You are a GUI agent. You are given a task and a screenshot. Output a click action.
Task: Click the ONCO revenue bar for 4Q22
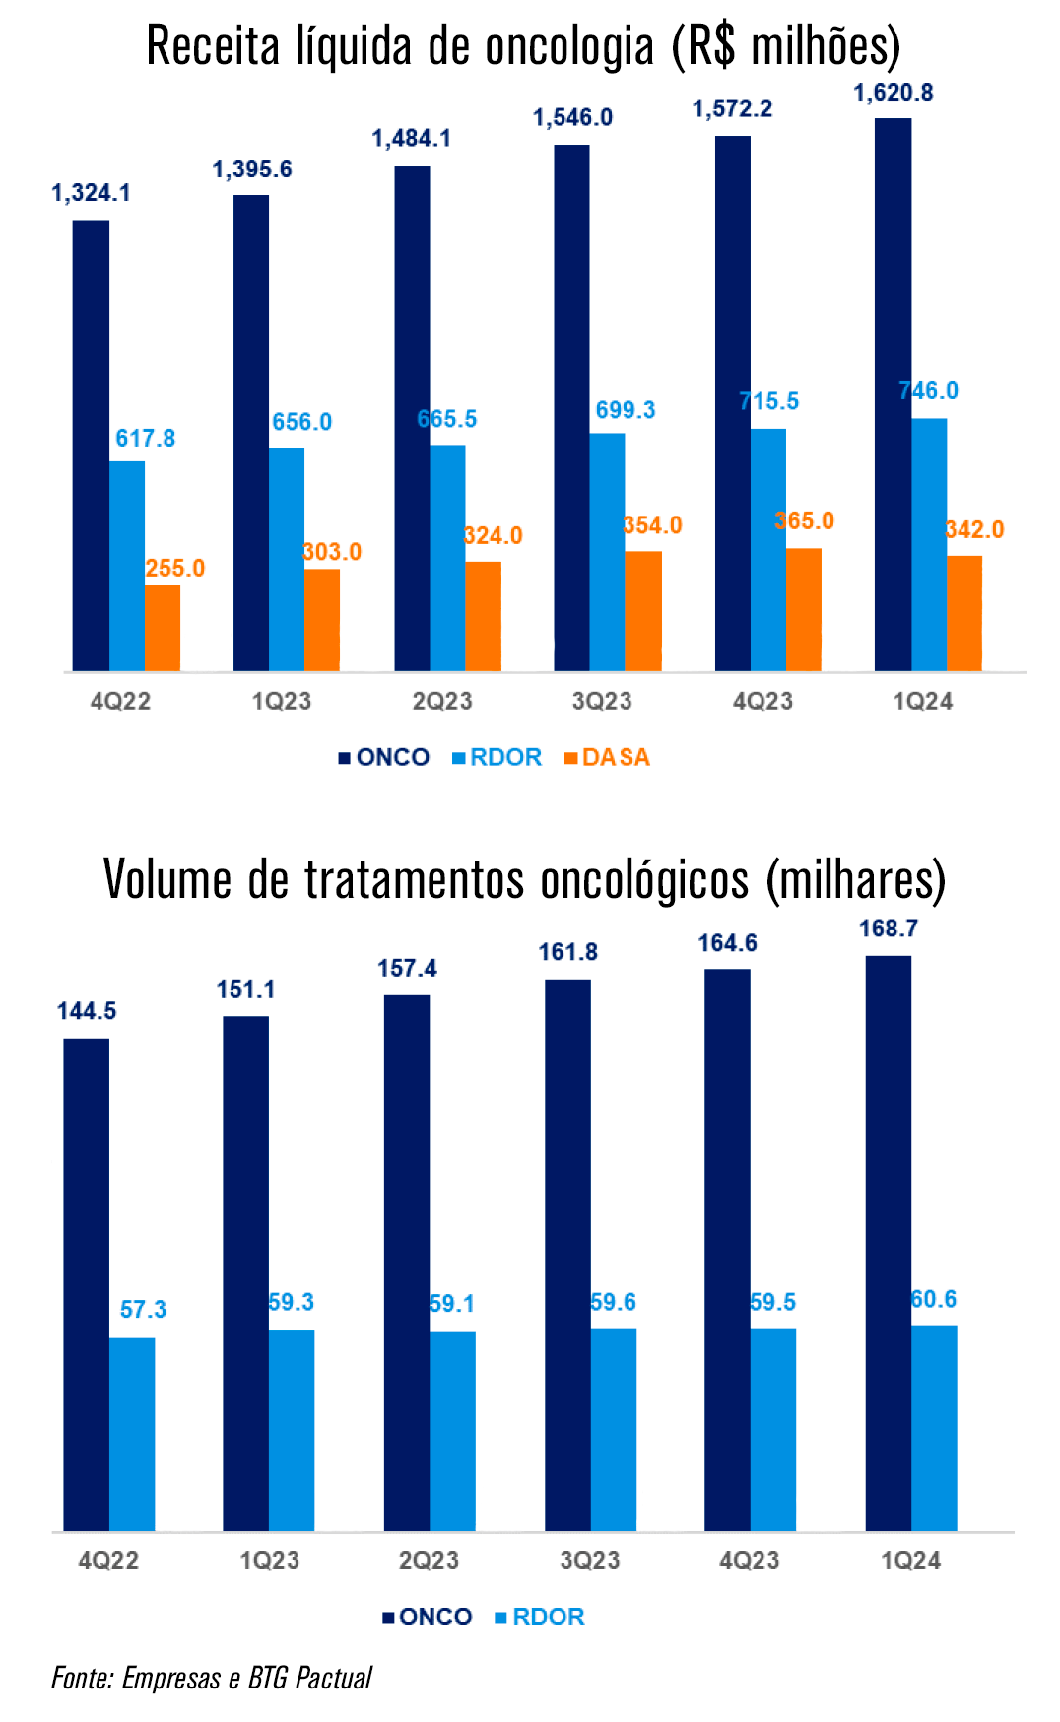[91, 446]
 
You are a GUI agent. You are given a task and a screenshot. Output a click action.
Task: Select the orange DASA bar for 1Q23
[322, 620]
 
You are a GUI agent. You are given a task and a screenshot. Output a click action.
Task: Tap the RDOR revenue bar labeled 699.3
[607, 552]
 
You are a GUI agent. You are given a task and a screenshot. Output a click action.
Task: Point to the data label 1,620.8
[893, 93]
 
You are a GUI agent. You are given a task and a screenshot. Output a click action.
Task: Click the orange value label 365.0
[805, 520]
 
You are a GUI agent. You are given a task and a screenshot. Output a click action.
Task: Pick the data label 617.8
[145, 438]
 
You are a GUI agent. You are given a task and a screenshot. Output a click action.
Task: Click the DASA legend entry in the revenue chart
[608, 757]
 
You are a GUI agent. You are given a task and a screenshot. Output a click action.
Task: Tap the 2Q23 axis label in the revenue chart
[442, 701]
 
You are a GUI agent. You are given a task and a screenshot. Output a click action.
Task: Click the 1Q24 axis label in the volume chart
[910, 1560]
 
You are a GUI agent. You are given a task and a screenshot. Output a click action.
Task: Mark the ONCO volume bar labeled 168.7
[888, 1242]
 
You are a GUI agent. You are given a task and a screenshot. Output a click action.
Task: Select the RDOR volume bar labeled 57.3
[132, 1433]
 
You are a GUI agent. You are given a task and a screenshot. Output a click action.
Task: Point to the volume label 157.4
[407, 968]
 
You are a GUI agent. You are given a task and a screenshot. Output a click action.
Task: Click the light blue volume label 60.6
[933, 1299]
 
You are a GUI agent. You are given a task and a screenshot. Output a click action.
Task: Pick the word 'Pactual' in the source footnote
[334, 1678]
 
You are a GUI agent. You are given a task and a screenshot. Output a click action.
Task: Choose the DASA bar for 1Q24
[964, 613]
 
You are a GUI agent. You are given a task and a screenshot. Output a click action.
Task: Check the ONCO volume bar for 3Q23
[567, 1255]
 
